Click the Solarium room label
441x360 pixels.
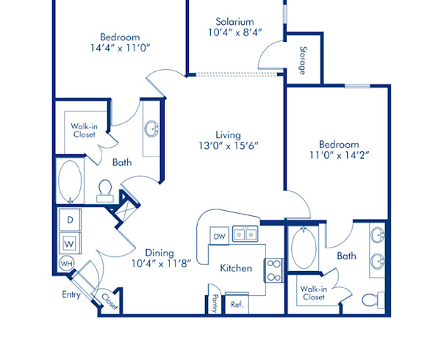tap(234, 21)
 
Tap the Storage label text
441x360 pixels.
tap(303, 60)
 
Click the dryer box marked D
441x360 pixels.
tap(71, 220)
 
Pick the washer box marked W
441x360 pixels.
tap(71, 241)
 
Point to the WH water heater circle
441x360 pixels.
tap(66, 263)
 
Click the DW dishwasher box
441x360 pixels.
tap(219, 236)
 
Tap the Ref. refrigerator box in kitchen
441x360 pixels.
tap(237, 303)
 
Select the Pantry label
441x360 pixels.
tap(215, 303)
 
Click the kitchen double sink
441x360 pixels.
tap(245, 235)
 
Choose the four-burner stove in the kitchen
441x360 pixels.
tap(273, 270)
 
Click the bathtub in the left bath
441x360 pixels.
tap(71, 181)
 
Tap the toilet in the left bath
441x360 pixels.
tap(104, 191)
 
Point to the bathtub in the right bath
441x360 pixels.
tap(304, 248)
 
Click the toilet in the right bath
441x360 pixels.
tap(377, 300)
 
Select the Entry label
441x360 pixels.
tap(71, 295)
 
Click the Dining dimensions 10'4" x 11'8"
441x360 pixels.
tap(161, 262)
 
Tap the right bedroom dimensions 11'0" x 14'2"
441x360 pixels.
tap(339, 156)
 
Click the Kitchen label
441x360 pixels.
tap(236, 268)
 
